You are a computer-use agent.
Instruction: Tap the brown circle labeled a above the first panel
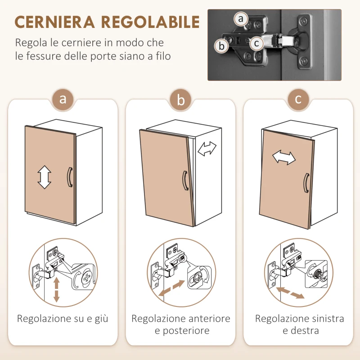[63, 99]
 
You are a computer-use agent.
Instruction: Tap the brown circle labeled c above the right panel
[298, 99]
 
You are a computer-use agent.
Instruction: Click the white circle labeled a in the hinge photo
[241, 19]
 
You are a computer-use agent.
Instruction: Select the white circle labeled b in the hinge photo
[221, 45]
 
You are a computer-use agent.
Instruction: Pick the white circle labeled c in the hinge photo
[256, 43]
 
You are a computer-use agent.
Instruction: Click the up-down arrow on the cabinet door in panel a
[44, 176]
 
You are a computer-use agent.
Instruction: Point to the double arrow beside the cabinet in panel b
[207, 148]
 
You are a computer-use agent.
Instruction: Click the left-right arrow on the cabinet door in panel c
[284, 157]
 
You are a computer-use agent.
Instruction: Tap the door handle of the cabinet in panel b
[184, 181]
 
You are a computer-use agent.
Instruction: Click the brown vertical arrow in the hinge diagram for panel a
[56, 290]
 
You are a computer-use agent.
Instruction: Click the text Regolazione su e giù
[63, 319]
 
